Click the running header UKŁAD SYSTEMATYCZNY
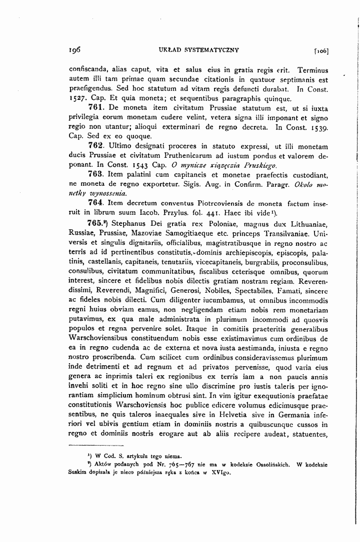tap(198, 50)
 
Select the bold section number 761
tap(95, 107)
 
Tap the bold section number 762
tap(95, 145)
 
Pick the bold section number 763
tap(95, 174)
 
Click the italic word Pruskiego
tap(255, 165)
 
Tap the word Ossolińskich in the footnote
tap(268, 464)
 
